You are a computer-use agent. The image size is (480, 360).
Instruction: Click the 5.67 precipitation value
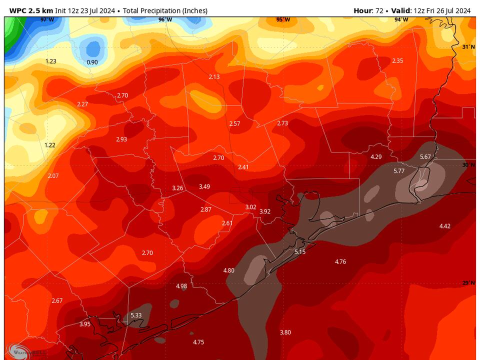tap(425, 156)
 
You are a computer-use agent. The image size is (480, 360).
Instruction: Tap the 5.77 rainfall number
tap(399, 171)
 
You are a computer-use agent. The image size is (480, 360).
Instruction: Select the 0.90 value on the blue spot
tap(92, 62)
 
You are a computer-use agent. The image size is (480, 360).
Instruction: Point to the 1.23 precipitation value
tap(51, 61)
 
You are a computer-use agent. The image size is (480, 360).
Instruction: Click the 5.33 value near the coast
tap(136, 315)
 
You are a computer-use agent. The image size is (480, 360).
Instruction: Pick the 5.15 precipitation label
tap(300, 251)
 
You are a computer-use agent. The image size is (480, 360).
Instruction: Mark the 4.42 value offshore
tap(445, 226)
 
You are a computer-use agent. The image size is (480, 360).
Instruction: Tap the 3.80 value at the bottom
tap(285, 332)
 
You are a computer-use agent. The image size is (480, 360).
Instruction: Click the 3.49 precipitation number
tap(204, 186)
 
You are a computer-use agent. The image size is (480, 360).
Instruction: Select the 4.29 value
tap(376, 156)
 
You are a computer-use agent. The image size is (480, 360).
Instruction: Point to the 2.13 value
tap(214, 76)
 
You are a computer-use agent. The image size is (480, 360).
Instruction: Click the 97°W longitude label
tap(47, 19)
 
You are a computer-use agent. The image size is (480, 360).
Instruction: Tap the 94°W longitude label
tap(401, 19)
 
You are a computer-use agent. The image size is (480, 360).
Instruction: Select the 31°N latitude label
tap(468, 46)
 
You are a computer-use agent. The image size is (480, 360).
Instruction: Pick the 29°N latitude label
tap(468, 283)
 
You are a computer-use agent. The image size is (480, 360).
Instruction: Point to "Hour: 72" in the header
tap(369, 10)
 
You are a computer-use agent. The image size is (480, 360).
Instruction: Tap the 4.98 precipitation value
tap(181, 286)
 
